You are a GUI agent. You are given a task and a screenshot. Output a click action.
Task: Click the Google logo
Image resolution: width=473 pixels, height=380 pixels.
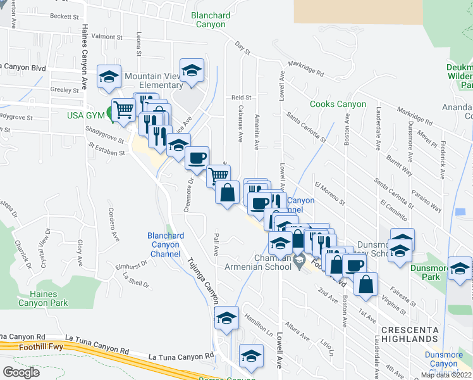coord(21,372)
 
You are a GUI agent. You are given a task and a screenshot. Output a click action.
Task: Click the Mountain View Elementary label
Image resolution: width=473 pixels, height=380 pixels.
coord(154,80)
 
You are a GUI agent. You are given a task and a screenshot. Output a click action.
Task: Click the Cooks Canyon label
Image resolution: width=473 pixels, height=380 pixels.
coord(338,104)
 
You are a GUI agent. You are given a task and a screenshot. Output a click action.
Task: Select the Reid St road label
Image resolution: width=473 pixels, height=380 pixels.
coord(241,98)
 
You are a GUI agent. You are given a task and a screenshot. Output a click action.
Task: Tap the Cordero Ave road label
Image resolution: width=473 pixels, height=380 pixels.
coord(113,224)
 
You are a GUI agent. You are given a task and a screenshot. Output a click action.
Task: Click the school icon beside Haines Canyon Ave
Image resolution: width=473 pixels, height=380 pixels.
coord(109,77)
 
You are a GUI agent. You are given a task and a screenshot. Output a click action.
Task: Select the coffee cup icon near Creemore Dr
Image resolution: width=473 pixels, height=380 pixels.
coord(197,157)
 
